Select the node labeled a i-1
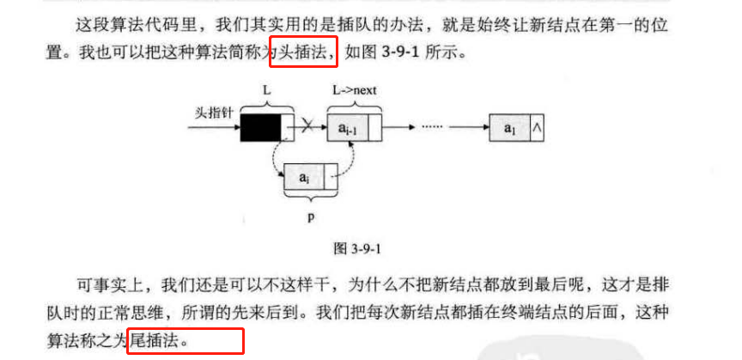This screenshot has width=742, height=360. tap(354, 128)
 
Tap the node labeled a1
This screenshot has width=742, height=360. tap(516, 128)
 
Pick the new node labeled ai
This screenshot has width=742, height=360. tap(310, 177)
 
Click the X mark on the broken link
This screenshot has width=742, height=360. tap(307, 127)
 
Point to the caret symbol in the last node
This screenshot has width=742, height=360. tap(537, 127)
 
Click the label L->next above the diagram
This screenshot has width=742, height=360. tap(354, 90)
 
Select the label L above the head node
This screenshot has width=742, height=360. tap(267, 90)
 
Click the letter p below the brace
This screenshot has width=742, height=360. tap(311, 217)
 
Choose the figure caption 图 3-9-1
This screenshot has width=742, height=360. tap(357, 249)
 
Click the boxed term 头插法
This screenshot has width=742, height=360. tap(303, 52)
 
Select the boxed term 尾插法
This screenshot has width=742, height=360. tap(155, 340)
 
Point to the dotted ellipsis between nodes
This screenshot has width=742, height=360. tap(430, 127)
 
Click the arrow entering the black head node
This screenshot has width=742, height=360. tap(214, 127)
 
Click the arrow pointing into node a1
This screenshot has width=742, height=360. tap(469, 127)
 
